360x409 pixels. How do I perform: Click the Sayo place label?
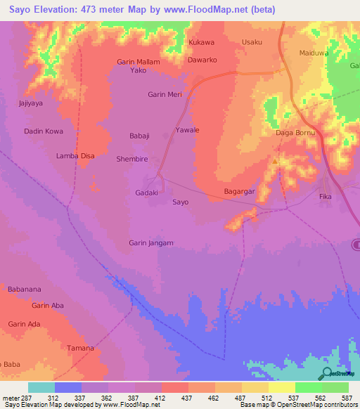point(180,202)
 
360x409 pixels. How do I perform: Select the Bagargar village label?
point(238,191)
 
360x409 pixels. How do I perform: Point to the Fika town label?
point(325,197)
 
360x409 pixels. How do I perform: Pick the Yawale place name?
point(187,130)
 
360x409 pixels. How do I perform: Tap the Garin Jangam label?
point(150,243)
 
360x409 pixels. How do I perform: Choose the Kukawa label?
point(201,42)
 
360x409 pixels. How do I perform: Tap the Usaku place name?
point(252,42)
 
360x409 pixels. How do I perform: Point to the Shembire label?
point(131,160)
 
